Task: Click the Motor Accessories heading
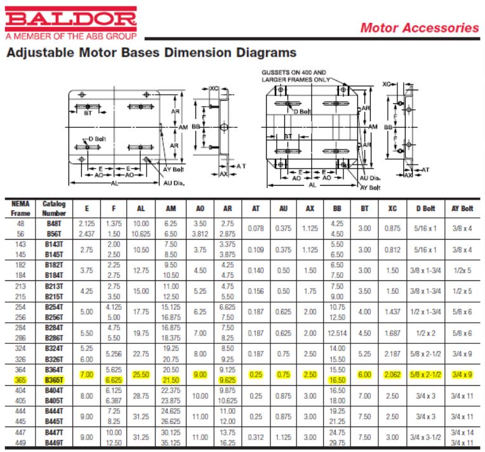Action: (x=419, y=28)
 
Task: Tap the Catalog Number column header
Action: (x=54, y=208)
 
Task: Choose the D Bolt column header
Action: (x=425, y=209)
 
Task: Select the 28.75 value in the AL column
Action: (x=140, y=395)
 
